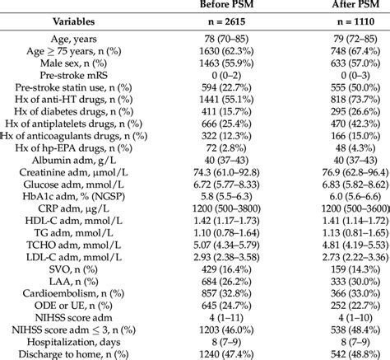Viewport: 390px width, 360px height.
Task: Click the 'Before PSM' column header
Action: [225, 6]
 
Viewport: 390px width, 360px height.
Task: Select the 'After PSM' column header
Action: [340, 6]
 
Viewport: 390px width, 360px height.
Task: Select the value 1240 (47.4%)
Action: [225, 355]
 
